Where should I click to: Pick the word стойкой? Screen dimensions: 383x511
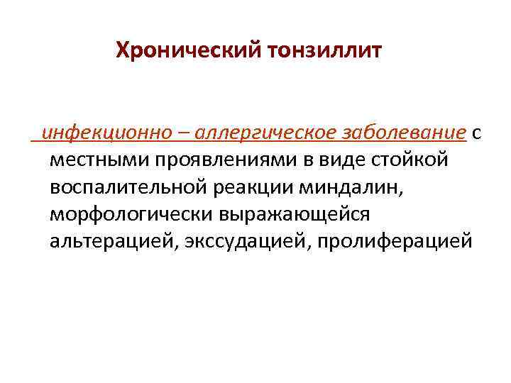tap(412, 161)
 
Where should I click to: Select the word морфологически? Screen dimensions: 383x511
tap(133, 215)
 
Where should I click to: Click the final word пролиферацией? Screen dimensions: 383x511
tap(395, 242)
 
